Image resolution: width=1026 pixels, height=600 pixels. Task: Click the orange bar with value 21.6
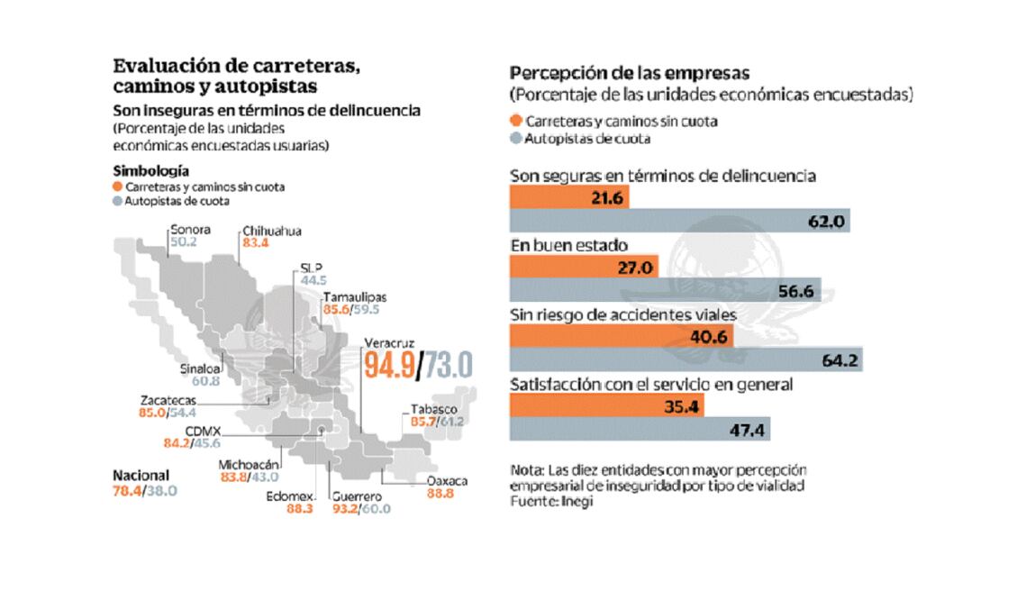[568, 196]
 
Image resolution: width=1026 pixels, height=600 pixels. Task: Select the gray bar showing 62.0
[680, 220]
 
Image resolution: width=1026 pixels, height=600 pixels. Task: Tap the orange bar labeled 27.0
[583, 268]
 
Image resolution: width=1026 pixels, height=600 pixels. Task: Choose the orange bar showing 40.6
[621, 337]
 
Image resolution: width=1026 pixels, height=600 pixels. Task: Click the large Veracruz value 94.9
[392, 367]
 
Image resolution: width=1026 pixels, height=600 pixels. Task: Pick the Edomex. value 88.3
[298, 508]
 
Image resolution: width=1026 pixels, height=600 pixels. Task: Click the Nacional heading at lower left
[141, 476]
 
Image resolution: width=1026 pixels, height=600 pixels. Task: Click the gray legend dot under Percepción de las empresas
[515, 139]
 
